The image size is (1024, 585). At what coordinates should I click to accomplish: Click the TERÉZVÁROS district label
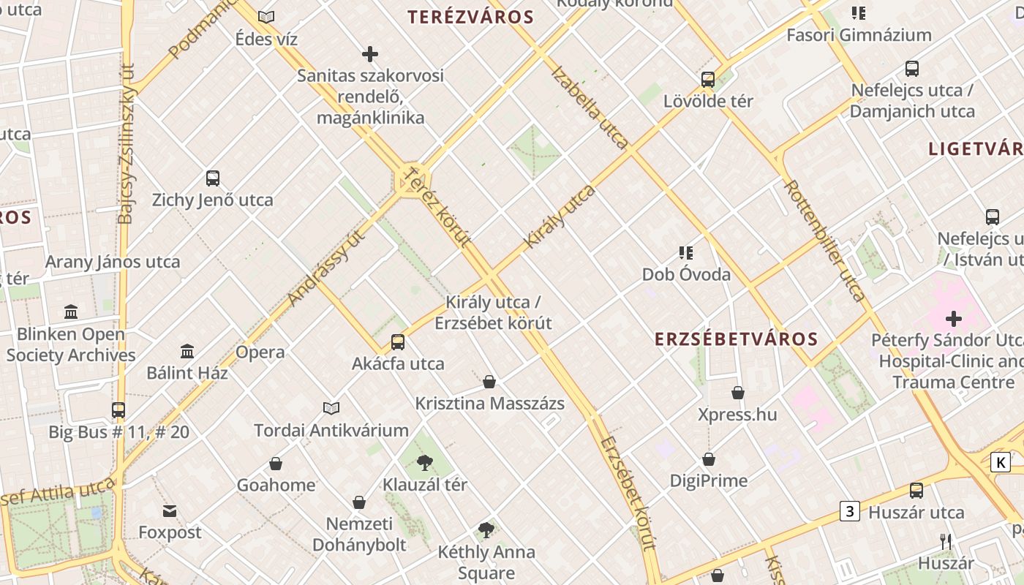pyautogui.click(x=470, y=17)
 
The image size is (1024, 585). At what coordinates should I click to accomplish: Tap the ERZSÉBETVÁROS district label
pyautogui.click(x=736, y=339)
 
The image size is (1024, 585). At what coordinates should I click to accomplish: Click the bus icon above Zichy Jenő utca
pyautogui.click(x=213, y=178)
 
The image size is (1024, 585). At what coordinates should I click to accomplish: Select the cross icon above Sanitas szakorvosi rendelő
pyautogui.click(x=370, y=53)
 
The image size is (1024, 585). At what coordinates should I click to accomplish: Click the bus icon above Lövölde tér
pyautogui.click(x=708, y=80)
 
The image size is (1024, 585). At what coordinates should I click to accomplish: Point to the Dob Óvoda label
pyautogui.click(x=686, y=274)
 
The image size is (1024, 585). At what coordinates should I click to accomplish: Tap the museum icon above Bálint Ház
pyautogui.click(x=187, y=352)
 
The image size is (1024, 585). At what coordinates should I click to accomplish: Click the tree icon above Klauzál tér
pyautogui.click(x=424, y=462)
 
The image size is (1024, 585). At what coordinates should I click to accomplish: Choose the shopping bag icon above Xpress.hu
pyautogui.click(x=738, y=393)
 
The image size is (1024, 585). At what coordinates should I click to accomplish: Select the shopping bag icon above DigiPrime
pyautogui.click(x=709, y=459)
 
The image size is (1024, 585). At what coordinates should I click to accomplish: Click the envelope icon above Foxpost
pyautogui.click(x=170, y=510)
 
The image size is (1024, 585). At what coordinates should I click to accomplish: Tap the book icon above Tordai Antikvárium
pyautogui.click(x=331, y=408)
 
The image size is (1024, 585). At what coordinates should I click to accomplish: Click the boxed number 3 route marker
pyautogui.click(x=849, y=511)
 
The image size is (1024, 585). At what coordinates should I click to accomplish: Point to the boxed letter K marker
pyautogui.click(x=1001, y=462)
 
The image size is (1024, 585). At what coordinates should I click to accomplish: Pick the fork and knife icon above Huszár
pyautogui.click(x=946, y=542)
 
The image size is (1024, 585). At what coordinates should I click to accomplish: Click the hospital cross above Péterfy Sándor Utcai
pyautogui.click(x=954, y=319)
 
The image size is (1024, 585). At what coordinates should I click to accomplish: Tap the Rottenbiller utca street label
pyautogui.click(x=824, y=241)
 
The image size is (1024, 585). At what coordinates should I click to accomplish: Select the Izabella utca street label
pyautogui.click(x=590, y=107)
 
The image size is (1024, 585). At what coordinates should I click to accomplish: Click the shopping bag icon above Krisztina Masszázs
pyautogui.click(x=489, y=382)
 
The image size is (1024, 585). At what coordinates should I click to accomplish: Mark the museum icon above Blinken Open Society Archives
pyautogui.click(x=71, y=312)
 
